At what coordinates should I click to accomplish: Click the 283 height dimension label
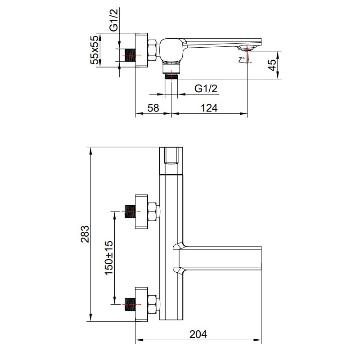[x=85, y=234]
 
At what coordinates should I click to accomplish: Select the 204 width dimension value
[x=198, y=334]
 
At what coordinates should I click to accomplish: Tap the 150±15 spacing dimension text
[x=109, y=257]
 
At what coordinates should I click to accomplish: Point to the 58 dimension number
[x=153, y=108]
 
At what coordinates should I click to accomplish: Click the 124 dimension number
[x=209, y=108]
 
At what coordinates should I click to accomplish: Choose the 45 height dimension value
[x=272, y=65]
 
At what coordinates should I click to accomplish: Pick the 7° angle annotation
[x=242, y=59]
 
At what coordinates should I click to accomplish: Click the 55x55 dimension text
[x=94, y=50]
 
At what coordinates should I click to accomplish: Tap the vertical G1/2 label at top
[x=114, y=20]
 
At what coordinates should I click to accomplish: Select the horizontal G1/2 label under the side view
[x=206, y=88]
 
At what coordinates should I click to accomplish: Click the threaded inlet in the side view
[x=130, y=55]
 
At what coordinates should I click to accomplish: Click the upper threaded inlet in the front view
[x=130, y=211]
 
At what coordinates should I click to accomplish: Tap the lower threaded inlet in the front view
[x=130, y=305]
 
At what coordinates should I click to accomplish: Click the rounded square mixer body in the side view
[x=171, y=50]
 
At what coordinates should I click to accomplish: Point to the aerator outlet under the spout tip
[x=247, y=48]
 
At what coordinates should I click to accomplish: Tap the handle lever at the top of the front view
[x=171, y=161]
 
